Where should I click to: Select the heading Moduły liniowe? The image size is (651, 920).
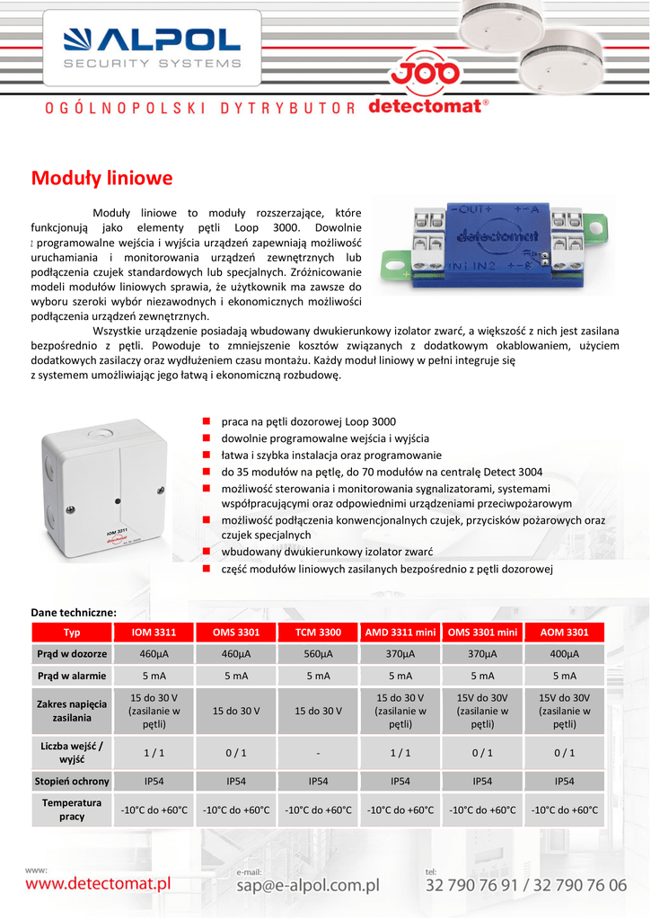pyautogui.click(x=101, y=178)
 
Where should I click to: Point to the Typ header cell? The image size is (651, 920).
pyautogui.click(x=72, y=632)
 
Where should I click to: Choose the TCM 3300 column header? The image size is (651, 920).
pyautogui.click(x=318, y=632)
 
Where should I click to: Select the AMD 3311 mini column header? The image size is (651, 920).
pyautogui.click(x=400, y=632)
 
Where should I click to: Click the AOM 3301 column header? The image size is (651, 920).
pyautogui.click(x=564, y=632)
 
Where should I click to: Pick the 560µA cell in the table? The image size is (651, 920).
pyautogui.click(x=318, y=653)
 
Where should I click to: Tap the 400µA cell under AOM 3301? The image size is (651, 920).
pyautogui.click(x=564, y=653)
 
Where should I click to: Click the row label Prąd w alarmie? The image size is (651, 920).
pyautogui.click(x=72, y=676)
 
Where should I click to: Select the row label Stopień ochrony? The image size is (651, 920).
pyautogui.click(x=72, y=781)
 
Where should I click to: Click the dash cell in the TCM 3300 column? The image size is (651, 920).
pyautogui.click(x=318, y=753)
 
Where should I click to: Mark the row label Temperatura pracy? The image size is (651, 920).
pyautogui.click(x=72, y=809)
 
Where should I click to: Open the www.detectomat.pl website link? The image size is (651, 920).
pyautogui.click(x=98, y=884)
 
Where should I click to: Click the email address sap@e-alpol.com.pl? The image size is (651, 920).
pyautogui.click(x=307, y=885)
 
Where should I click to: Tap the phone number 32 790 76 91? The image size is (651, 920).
pyautogui.click(x=473, y=885)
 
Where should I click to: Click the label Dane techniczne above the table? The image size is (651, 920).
pyautogui.click(x=74, y=612)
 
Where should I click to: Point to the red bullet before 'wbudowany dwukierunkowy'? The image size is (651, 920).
pyautogui.click(x=206, y=551)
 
